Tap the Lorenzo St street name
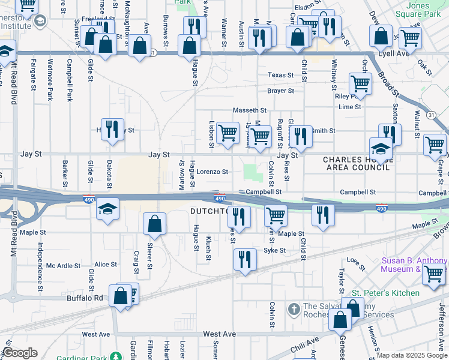point(212,172)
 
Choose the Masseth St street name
point(249,110)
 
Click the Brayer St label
point(281,91)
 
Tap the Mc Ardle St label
point(63,265)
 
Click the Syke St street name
point(273,250)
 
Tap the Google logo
point(20,353)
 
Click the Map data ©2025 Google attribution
point(412,355)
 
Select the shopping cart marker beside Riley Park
point(360,83)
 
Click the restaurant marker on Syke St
point(245,259)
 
